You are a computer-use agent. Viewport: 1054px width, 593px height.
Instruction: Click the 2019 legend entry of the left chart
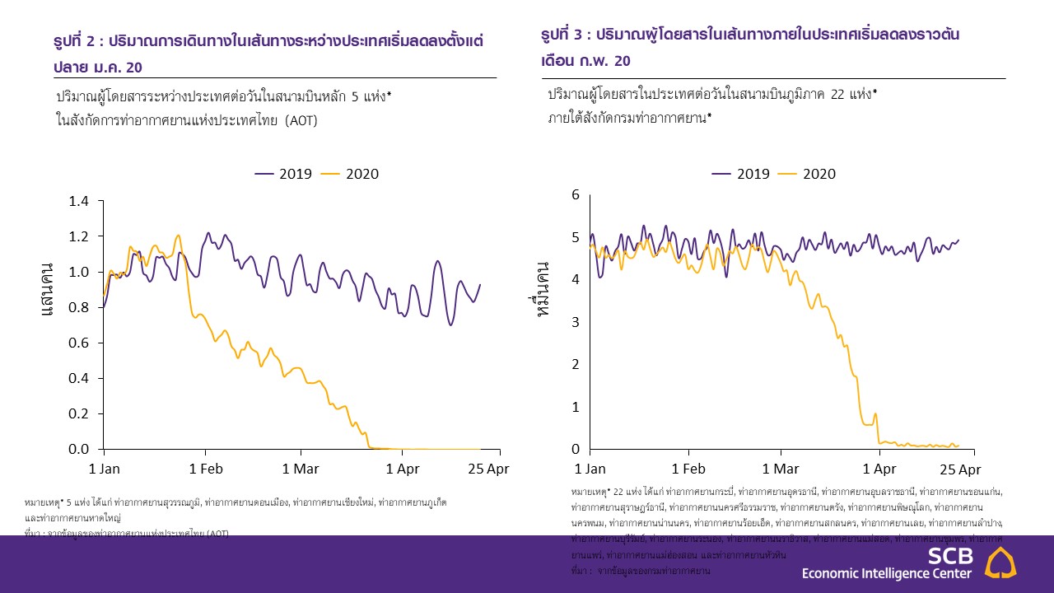(285, 174)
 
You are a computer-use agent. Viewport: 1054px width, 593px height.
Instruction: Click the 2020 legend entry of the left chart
(352, 174)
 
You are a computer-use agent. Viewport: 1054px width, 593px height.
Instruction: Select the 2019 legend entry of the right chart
(742, 174)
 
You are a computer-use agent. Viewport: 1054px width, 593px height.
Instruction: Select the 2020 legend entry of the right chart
(809, 174)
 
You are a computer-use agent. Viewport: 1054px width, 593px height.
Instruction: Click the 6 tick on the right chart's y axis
(576, 194)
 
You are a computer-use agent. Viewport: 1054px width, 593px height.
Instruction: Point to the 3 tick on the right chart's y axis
(576, 322)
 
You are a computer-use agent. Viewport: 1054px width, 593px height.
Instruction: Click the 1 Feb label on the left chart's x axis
(205, 469)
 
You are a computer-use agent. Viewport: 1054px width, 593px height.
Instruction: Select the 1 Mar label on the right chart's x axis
(781, 469)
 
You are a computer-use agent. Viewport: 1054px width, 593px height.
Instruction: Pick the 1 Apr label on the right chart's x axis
(879, 469)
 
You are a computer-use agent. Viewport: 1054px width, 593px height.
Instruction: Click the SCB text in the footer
(949, 555)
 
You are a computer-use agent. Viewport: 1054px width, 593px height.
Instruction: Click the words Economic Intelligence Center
(886, 573)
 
